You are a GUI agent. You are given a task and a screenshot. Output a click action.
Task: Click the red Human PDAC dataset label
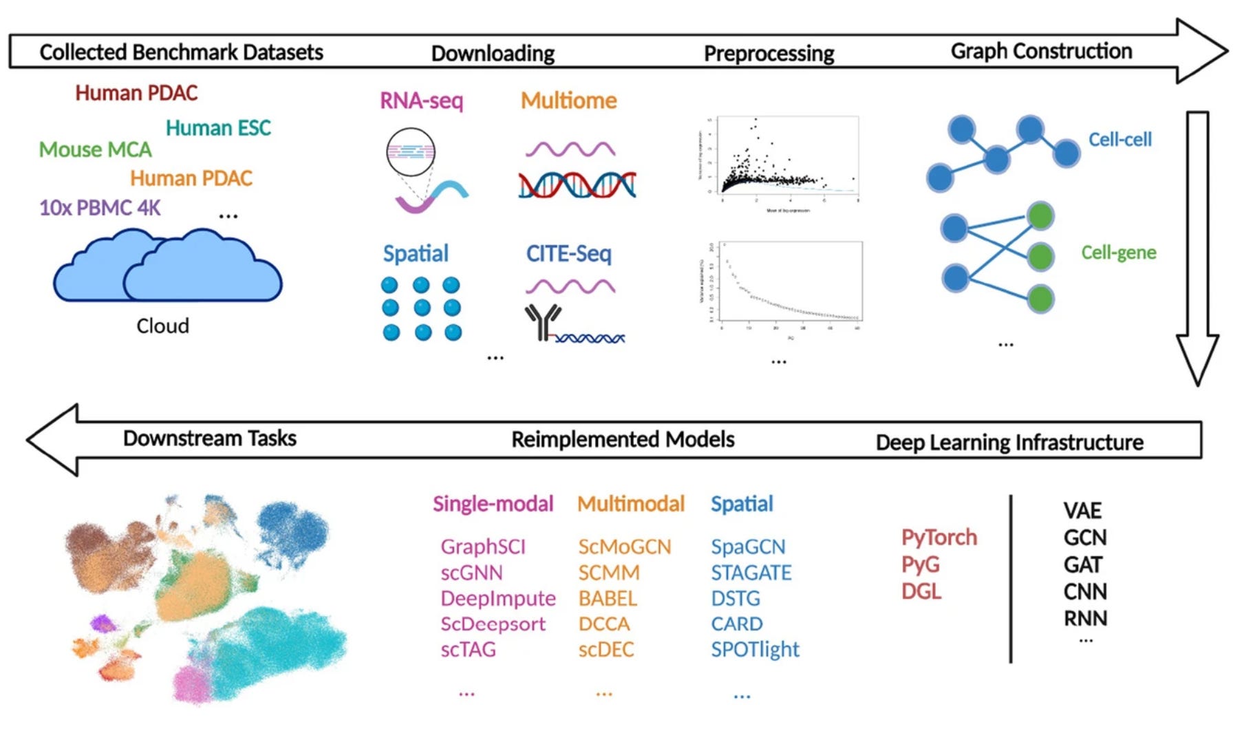pos(136,93)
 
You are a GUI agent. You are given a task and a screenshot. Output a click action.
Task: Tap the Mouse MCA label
pos(95,149)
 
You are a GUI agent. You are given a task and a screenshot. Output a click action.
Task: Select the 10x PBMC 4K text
pos(100,207)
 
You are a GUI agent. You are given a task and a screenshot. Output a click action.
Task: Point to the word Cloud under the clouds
pos(162,326)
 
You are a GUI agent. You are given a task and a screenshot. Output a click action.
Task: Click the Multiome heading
pos(568,100)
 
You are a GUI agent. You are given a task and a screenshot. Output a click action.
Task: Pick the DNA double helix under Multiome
pos(577,185)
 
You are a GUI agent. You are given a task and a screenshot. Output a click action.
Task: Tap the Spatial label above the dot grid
pos(416,253)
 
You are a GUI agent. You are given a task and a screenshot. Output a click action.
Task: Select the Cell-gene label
pos(1118,253)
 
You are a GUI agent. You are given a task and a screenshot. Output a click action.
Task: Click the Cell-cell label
pos(1119,140)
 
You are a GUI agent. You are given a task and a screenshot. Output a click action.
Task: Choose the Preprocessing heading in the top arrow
pos(769,54)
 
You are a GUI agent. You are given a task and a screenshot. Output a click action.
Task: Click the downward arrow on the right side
pos(1197,248)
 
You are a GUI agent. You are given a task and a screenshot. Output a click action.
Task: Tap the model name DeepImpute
pos(498,598)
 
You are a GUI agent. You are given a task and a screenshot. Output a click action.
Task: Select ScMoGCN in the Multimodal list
pos(624,547)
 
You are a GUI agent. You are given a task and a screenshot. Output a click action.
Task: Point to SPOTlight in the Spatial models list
pos(755,649)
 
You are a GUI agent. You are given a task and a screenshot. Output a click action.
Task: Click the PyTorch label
pos(939,537)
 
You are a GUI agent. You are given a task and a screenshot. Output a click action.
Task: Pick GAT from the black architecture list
pos(1083,564)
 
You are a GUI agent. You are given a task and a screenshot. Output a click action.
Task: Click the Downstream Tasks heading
pos(210,438)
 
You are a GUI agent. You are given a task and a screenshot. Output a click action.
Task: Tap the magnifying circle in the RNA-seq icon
pos(411,152)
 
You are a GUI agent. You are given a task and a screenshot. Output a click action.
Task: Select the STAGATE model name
pos(751,573)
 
